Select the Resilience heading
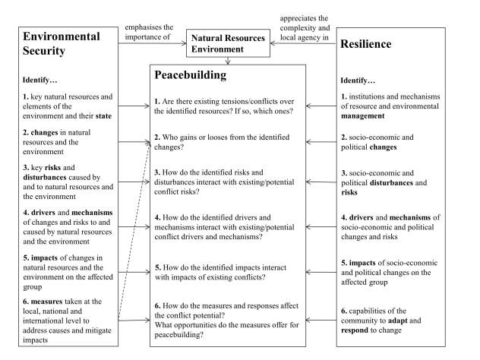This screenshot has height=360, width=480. tap(366, 44)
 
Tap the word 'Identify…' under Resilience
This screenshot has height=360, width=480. tap(358, 79)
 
